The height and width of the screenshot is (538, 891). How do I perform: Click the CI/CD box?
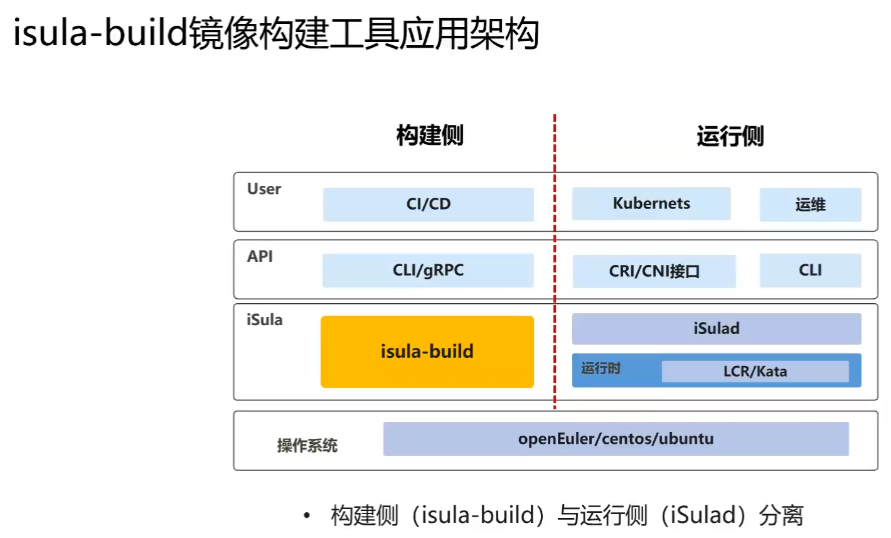click(428, 204)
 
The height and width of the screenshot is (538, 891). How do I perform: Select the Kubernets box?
click(651, 203)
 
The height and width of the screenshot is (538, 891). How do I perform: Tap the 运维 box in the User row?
click(810, 205)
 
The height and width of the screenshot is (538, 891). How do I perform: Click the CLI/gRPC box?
click(428, 271)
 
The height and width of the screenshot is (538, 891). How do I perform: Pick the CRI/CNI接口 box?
click(654, 271)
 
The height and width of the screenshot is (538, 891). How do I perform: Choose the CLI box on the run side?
click(810, 271)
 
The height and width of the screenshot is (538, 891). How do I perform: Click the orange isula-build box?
click(427, 352)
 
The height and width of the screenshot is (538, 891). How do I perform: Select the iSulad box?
click(716, 328)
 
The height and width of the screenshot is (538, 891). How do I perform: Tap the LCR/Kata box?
click(755, 371)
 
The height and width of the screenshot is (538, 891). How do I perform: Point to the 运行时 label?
click(600, 369)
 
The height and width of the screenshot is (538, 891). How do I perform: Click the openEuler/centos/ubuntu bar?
click(616, 439)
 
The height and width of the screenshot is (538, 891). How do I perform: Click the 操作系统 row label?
click(307, 446)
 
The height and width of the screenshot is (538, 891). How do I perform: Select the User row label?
click(264, 189)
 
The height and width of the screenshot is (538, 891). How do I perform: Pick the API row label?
click(260, 256)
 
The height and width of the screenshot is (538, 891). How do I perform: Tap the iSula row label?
click(264, 320)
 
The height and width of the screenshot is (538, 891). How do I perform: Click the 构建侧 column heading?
click(430, 135)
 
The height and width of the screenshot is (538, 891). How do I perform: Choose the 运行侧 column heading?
click(730, 136)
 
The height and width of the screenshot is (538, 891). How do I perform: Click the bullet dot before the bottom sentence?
click(307, 516)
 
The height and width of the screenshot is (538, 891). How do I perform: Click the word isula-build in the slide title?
click(100, 33)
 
